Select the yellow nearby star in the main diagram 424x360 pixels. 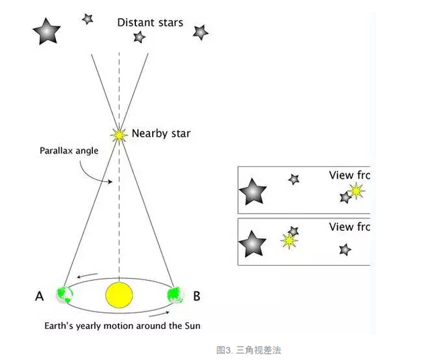pos(120,135)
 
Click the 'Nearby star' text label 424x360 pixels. pos(161,133)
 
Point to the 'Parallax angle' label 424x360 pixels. pos(68,151)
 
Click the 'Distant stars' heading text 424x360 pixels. pos(149,22)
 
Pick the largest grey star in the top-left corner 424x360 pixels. pos(48,31)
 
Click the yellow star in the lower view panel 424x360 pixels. pos(290,240)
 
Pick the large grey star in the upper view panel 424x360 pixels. pos(253,192)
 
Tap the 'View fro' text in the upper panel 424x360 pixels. pos(350,175)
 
